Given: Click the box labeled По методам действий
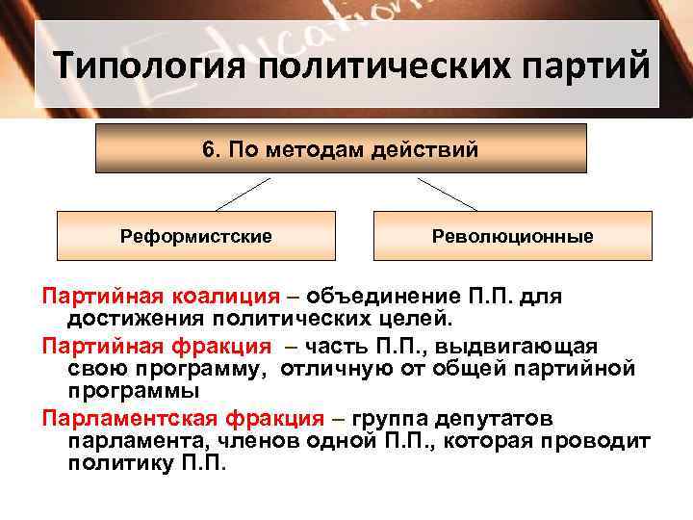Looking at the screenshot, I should tap(341, 148).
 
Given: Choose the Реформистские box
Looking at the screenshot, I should tap(195, 236).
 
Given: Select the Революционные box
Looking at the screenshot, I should tap(512, 236).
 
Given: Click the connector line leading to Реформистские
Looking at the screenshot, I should tap(243, 195).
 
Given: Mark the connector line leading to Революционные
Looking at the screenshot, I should tap(448, 195).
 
